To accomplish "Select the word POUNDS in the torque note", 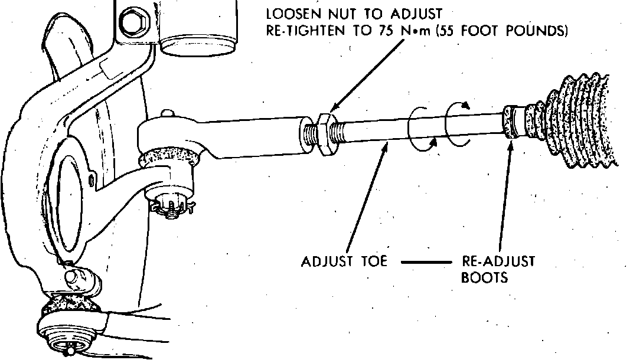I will click(x=539, y=30).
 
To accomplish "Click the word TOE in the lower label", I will click(x=371, y=261).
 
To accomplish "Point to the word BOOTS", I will click(x=484, y=277).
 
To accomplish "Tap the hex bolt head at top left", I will click(x=129, y=22).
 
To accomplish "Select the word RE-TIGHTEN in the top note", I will click(x=315, y=30).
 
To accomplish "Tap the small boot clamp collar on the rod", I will click(x=513, y=122).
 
